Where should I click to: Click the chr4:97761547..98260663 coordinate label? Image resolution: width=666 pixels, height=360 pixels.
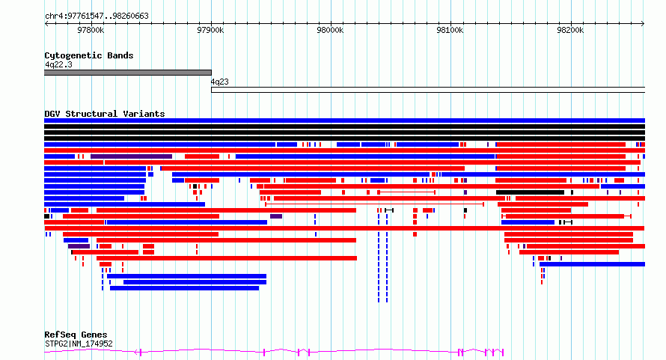(x=97, y=16)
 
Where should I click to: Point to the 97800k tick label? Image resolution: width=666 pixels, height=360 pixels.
(x=91, y=30)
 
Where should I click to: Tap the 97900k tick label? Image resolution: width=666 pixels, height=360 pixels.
(x=210, y=30)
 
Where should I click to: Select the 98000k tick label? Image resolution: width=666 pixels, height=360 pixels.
(x=330, y=30)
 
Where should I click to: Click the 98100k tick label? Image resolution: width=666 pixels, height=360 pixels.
(x=450, y=30)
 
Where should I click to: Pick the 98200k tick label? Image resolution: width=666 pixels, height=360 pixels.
(x=570, y=30)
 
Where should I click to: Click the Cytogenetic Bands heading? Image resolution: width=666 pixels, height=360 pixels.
(x=89, y=55)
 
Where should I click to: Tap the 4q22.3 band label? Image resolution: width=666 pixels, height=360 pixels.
(x=58, y=64)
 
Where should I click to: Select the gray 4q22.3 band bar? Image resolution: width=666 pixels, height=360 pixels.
(x=128, y=73)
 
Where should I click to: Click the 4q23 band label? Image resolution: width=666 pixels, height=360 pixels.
(x=219, y=82)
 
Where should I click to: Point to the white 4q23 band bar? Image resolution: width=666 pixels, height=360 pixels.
(x=428, y=90)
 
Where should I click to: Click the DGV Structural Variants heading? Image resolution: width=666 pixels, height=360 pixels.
(x=105, y=114)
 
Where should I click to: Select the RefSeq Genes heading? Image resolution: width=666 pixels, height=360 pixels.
(x=76, y=335)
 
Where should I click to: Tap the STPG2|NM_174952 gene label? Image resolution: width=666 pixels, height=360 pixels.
(x=79, y=344)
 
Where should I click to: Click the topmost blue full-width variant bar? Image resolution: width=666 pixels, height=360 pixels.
(x=344, y=120)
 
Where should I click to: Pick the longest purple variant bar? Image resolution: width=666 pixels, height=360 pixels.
(x=131, y=156)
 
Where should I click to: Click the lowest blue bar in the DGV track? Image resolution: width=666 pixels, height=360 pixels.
(x=184, y=288)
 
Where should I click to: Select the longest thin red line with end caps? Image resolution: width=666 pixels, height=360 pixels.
(x=374, y=204)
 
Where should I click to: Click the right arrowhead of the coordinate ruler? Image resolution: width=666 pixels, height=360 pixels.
(x=644, y=24)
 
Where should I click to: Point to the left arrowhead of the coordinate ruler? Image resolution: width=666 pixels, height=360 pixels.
(x=46, y=24)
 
